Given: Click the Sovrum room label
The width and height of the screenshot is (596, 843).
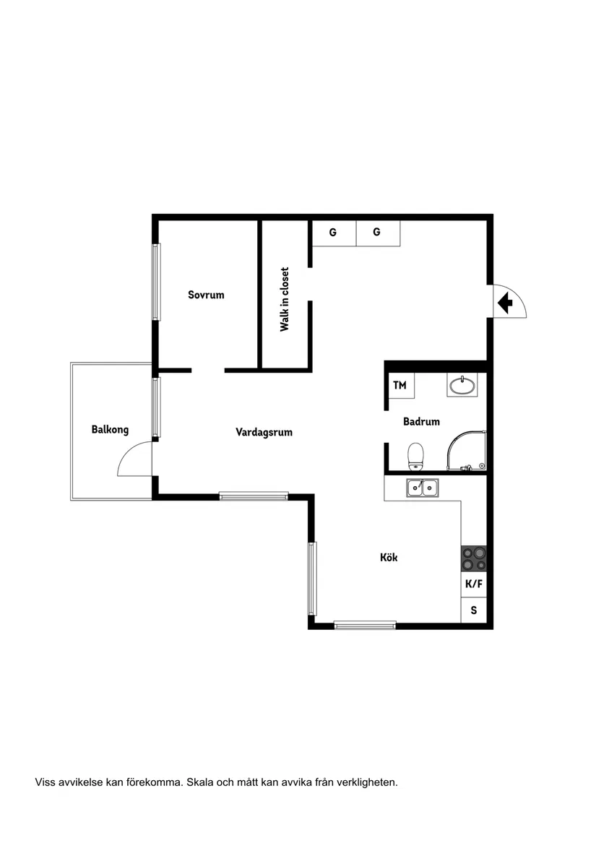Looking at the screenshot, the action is point(206,295).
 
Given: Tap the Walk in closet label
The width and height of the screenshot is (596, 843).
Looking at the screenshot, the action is point(285,300).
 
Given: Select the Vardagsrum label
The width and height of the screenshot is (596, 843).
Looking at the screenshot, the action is point(264,432).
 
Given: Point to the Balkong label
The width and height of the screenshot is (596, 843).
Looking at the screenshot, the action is point(110,430).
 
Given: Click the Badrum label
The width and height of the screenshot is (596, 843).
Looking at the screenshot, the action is point(422,422).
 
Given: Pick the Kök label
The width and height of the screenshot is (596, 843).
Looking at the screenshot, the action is point(389,557).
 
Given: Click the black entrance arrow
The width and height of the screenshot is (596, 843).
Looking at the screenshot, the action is point(505,303).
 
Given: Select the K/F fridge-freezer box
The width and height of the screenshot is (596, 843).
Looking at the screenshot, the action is point(474,584).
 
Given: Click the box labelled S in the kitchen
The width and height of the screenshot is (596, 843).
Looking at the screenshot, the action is point(474,610).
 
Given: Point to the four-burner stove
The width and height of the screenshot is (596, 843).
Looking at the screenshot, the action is point(474,558).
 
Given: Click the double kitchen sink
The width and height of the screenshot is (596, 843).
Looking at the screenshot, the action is point(422,488).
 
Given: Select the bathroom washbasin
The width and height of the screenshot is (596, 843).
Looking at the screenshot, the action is point(462,385).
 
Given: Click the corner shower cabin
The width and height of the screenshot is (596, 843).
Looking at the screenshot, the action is point(467,451).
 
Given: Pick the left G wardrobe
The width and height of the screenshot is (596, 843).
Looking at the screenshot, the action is point(334,233).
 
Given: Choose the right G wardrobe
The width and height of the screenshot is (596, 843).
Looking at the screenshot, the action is point(378,233).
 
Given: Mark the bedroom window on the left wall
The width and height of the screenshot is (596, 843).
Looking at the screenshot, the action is point(156,282).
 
